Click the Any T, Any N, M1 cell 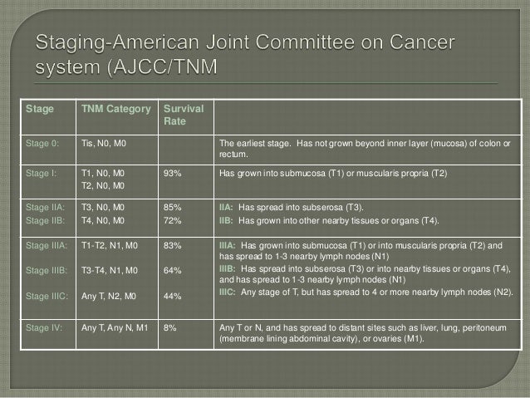click(x=114, y=327)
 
